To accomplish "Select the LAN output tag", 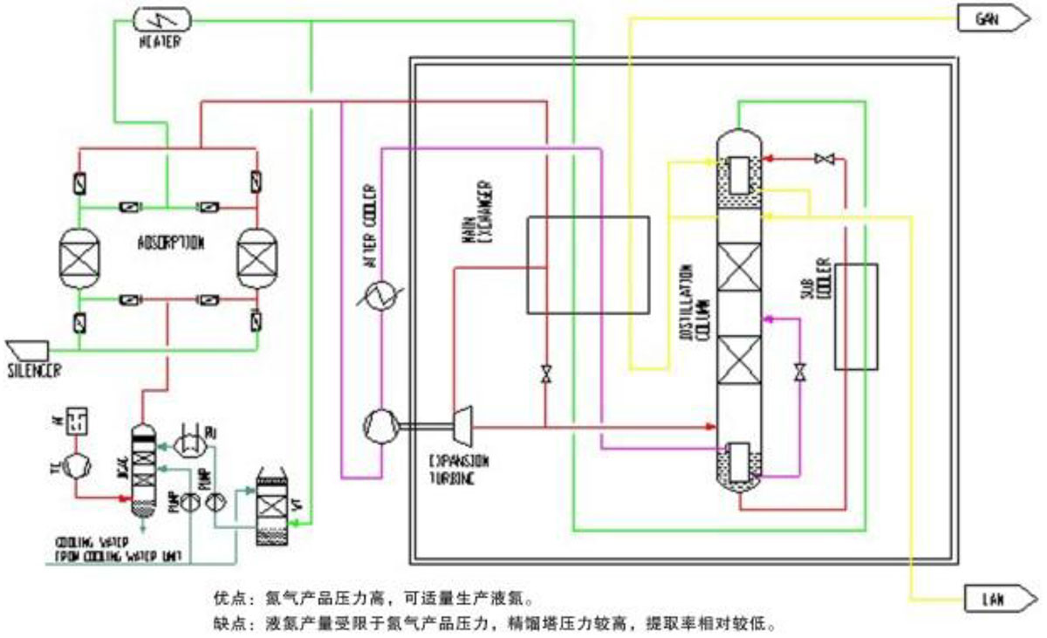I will [x=994, y=599].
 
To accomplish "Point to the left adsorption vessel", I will [x=80, y=259].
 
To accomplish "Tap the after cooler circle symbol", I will [x=380, y=296].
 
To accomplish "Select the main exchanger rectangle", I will [x=587, y=264].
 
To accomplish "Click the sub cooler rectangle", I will [x=855, y=316].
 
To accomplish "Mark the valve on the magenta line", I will [x=798, y=374].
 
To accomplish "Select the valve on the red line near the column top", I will [x=824, y=159].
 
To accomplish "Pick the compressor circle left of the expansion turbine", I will [x=380, y=427].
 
